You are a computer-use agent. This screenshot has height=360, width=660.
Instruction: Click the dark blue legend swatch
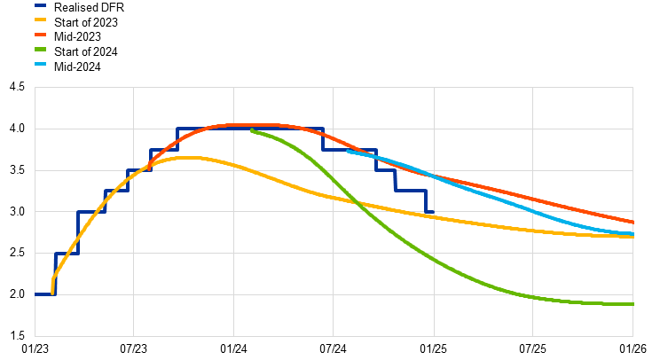click(40, 5)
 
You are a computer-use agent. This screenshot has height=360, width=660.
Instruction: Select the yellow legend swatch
click(40, 20)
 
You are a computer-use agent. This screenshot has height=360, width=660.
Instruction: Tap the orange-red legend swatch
click(40, 35)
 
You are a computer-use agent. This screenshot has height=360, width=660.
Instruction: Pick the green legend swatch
click(40, 49)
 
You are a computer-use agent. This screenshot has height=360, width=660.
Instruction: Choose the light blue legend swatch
click(40, 64)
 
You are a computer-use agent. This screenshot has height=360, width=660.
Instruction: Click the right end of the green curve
click(632, 304)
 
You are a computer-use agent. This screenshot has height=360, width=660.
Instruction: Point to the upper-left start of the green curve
click(252, 130)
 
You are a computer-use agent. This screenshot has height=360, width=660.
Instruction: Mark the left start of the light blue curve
click(348, 151)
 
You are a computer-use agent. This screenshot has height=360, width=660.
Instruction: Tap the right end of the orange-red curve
click(632, 222)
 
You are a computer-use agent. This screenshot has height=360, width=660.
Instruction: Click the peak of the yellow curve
click(191, 157)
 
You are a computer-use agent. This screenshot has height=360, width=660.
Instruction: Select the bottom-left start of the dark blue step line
click(36, 294)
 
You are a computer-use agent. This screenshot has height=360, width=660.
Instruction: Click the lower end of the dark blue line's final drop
click(426, 213)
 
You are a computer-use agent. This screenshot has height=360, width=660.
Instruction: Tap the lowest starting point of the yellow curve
click(52, 293)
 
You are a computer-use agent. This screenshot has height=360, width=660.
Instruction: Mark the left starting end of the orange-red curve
click(150, 165)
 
